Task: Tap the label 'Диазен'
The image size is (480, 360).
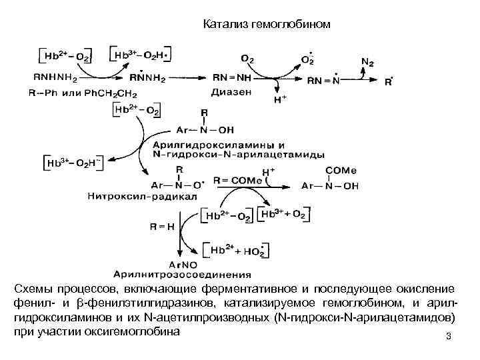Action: coord(230,91)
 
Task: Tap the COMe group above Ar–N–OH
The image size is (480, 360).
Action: coord(337,171)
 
